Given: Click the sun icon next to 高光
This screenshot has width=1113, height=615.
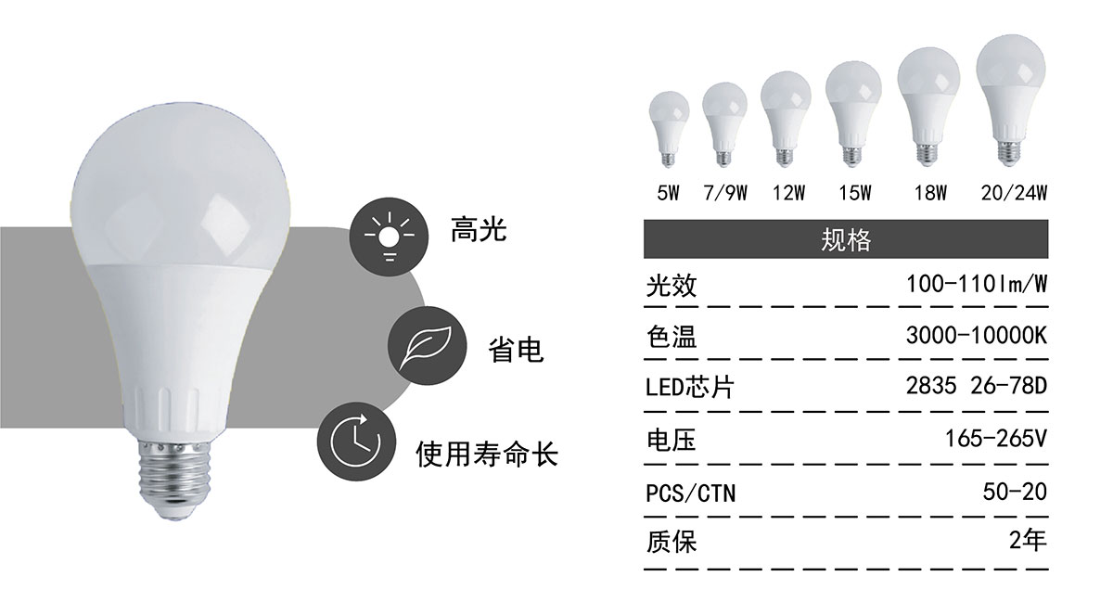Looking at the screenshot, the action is click(x=389, y=237).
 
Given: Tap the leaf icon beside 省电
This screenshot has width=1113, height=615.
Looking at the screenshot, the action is click(x=428, y=345).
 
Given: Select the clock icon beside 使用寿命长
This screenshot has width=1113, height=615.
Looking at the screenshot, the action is click(x=357, y=442).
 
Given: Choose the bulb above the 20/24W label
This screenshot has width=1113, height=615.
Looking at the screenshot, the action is click(x=1011, y=99).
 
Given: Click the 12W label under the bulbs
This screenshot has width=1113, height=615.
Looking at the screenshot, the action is click(x=788, y=193).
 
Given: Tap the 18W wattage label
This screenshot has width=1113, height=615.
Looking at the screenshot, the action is click(x=930, y=193).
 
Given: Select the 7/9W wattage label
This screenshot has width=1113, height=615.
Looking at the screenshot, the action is click(x=725, y=193).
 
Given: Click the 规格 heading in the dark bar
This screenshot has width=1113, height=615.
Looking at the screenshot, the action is click(x=846, y=240).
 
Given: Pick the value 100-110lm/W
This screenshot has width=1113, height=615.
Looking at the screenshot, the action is click(x=977, y=284).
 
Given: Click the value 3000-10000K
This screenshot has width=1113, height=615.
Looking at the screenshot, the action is click(x=977, y=336).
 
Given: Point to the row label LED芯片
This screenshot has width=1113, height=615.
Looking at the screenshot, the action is click(x=690, y=388).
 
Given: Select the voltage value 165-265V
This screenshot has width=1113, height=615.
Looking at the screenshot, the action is click(x=996, y=439).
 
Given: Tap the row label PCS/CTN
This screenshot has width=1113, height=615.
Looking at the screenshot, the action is click(x=690, y=493).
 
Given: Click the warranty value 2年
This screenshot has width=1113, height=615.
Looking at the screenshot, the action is click(x=1028, y=540).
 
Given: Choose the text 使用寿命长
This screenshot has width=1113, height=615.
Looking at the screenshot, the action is click(x=487, y=454).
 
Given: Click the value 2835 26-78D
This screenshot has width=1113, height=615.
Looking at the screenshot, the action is click(x=977, y=386).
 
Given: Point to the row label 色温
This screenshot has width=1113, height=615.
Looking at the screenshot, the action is click(x=672, y=337).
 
